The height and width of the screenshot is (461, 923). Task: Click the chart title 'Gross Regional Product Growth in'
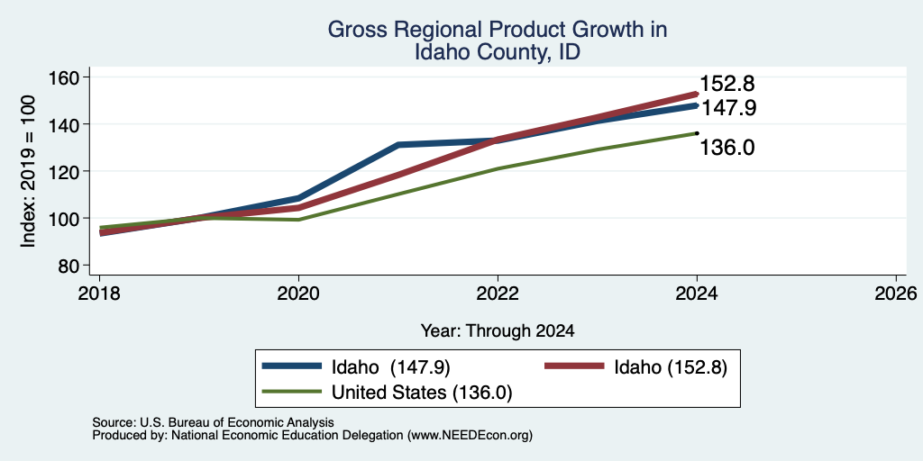point(498,30)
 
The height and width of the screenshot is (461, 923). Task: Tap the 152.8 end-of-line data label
point(727,84)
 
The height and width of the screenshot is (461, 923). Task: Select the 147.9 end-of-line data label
point(727,108)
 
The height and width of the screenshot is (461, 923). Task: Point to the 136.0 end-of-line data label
point(727,148)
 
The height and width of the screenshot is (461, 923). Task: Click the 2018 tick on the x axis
point(99,293)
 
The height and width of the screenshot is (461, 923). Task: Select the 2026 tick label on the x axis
point(896,293)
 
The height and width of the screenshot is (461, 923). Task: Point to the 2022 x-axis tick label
point(498,293)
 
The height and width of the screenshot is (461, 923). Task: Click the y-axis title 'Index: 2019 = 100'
point(28,171)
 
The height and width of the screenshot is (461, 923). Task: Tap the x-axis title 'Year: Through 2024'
point(498,331)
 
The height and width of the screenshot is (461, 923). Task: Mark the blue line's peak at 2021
point(398,144)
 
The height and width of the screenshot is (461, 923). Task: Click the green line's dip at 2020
point(299,220)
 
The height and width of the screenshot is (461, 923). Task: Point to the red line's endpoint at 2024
point(697,94)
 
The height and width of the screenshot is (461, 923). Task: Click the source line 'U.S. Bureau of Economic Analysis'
point(237,422)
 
